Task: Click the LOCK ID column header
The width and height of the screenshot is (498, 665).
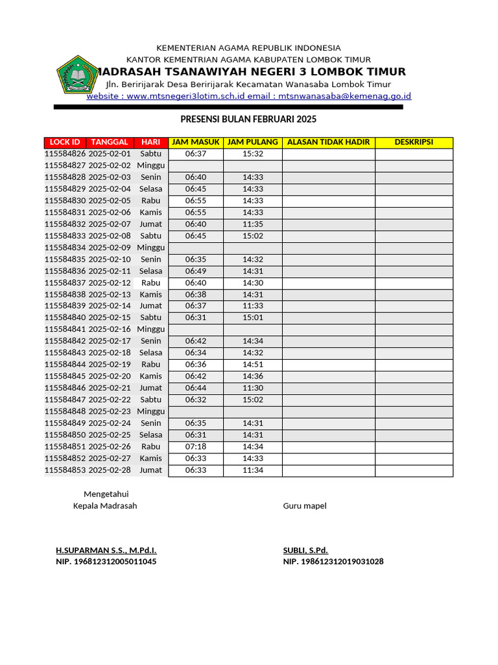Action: (x=65, y=142)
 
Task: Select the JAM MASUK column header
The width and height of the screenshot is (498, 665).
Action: (x=195, y=142)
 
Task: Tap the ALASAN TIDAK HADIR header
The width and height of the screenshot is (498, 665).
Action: (x=328, y=142)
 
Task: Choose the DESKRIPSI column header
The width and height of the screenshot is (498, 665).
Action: (x=414, y=142)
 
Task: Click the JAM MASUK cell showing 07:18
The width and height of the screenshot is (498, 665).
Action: (x=195, y=447)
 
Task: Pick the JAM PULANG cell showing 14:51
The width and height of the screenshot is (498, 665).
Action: (x=253, y=365)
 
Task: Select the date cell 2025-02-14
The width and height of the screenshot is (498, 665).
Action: (x=110, y=306)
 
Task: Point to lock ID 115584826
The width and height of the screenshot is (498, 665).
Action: (x=65, y=154)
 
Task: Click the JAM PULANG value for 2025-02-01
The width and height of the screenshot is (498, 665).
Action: (x=253, y=154)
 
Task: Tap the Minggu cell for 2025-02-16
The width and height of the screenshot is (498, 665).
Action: (x=151, y=330)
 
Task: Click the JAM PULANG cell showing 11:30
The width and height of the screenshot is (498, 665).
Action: (x=253, y=388)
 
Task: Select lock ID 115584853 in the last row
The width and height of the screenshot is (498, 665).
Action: (x=65, y=470)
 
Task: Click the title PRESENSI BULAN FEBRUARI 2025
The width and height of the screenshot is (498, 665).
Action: (x=248, y=119)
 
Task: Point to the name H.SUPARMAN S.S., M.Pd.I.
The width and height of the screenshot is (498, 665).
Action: (x=106, y=551)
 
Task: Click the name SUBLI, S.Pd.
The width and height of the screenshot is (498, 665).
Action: (x=305, y=551)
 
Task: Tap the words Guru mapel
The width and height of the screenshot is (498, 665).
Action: (x=305, y=506)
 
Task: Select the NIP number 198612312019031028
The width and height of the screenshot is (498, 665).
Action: (x=333, y=562)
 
